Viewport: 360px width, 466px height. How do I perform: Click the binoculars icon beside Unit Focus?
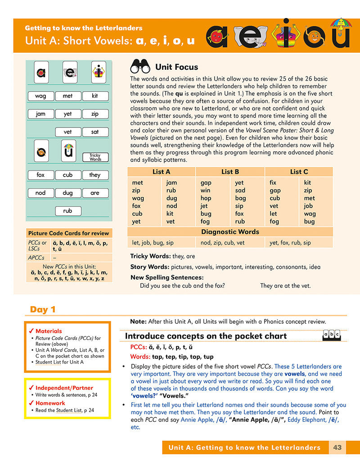pos(139,67)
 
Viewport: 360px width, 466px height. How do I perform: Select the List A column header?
pos(161,172)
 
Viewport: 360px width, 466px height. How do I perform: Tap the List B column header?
pos(230,172)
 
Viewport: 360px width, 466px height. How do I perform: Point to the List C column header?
pos(299,172)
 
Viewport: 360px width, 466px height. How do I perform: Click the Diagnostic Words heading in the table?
pos(230,232)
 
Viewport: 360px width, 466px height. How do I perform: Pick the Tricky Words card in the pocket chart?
pos(95,157)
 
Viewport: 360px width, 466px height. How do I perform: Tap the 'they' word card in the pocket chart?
pos(95,175)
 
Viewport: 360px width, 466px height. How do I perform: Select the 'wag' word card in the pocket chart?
pos(40,96)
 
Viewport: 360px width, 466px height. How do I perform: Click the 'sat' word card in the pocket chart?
pos(95,132)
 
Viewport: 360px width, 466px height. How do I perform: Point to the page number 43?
pos(337,448)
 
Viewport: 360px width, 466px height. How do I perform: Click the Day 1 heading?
pos(43,309)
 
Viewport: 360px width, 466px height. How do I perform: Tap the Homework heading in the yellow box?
pos(50,403)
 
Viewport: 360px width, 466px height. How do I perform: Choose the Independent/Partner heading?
pos(64,388)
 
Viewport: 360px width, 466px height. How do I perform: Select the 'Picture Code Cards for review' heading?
pos(68,233)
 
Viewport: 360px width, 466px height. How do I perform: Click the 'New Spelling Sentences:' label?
pos(167,277)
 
